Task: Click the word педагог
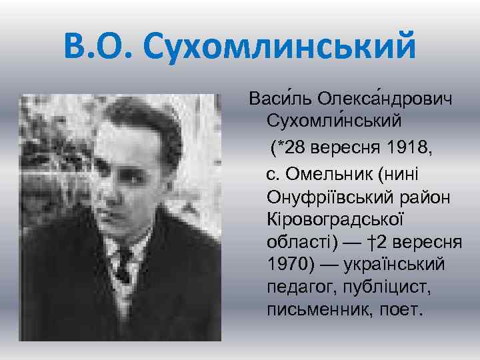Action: point(297,287)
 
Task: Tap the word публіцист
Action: point(381,287)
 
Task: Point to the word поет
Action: point(401,310)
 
